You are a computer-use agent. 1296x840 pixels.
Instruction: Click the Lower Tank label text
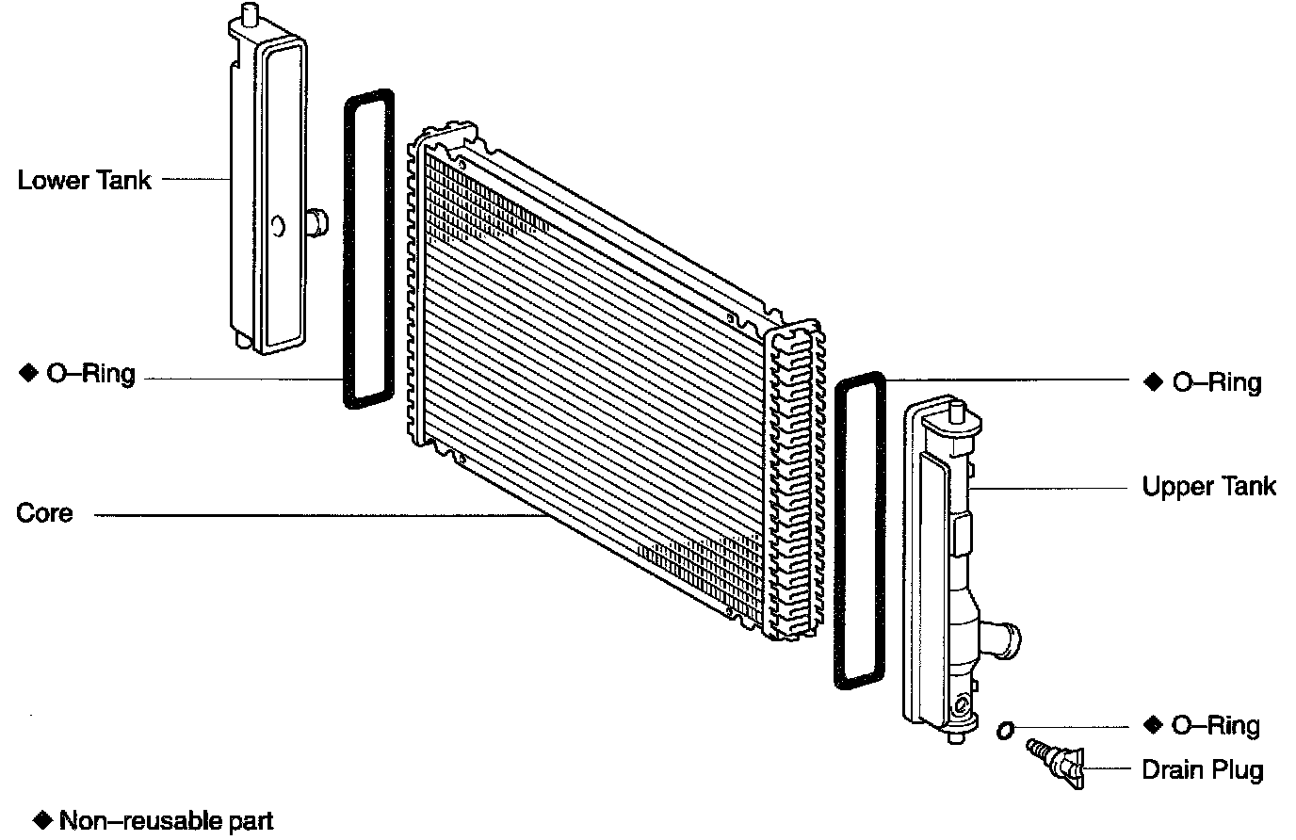tap(84, 180)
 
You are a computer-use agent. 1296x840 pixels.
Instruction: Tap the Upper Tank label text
tap(1208, 486)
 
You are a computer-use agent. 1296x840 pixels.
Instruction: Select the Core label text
tap(44, 513)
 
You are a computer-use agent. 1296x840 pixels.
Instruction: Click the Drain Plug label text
tap(1202, 769)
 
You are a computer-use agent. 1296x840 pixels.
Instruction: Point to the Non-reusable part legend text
tap(166, 820)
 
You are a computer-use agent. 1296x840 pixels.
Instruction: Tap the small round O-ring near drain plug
tap(1005, 729)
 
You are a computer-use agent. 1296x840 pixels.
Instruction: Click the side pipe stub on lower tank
tap(318, 221)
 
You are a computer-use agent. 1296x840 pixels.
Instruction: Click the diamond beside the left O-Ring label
tap(26, 374)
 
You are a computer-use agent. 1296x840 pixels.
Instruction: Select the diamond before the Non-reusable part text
tap(42, 819)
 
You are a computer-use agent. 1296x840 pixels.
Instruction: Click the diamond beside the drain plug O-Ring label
tap(1153, 725)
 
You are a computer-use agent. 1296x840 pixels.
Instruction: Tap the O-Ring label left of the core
tap(90, 374)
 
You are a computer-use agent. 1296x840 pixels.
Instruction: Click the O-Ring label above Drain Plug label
tap(1215, 725)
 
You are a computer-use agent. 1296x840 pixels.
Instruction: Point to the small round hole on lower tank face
tap(278, 226)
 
